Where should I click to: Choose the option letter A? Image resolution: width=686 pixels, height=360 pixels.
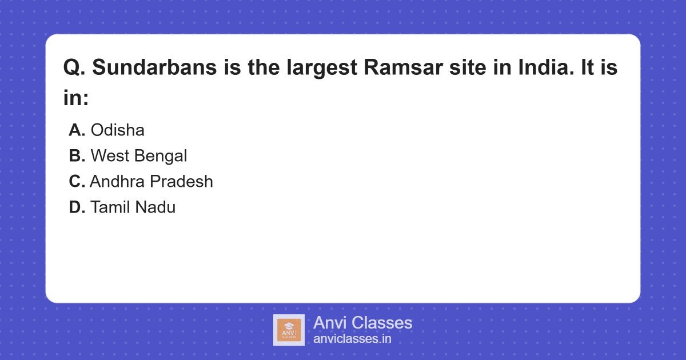[77, 130]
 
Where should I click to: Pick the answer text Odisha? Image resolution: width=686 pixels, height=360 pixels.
[117, 130]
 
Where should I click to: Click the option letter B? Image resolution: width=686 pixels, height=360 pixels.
[77, 156]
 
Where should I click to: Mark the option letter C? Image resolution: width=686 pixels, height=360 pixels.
[77, 182]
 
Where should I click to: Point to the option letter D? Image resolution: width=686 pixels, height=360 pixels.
[77, 207]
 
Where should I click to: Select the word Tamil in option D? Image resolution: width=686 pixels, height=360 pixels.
[110, 207]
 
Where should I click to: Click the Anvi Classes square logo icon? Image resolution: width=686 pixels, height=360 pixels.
[289, 330]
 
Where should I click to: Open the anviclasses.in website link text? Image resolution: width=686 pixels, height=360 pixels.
[352, 339]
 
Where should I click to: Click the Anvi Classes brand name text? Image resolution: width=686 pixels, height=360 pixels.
[362, 323]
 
